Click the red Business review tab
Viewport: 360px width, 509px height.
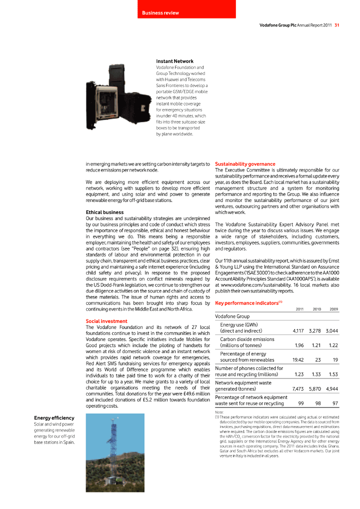click(186, 9)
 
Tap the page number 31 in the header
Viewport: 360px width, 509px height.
click(337, 25)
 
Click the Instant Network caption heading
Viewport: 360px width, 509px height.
click(174, 61)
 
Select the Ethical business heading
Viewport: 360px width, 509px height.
click(104, 212)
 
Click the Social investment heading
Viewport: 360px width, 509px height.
click(106, 321)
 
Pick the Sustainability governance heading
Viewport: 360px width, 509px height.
click(245, 164)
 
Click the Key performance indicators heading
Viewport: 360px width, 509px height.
click(247, 303)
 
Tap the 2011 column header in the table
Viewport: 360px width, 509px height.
click(300, 309)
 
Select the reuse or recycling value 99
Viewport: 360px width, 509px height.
click(301, 403)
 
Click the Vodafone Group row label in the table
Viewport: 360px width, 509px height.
click(232, 316)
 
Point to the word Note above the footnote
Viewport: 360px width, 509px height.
click(220, 412)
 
